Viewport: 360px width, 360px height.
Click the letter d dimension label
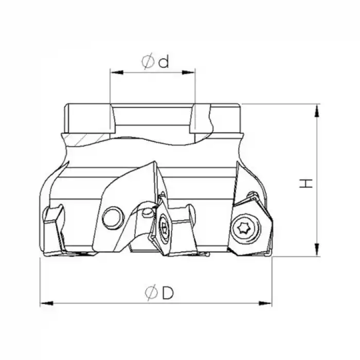pos(164,62)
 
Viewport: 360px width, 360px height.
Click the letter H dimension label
pos(307,183)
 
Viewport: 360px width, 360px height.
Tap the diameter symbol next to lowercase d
pos(148,61)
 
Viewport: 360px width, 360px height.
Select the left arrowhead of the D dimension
pos(47,303)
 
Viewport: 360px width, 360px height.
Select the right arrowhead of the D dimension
pos(265,303)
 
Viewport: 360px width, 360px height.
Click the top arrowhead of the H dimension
pos(317,111)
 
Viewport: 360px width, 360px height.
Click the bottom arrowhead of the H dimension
pos(317,250)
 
